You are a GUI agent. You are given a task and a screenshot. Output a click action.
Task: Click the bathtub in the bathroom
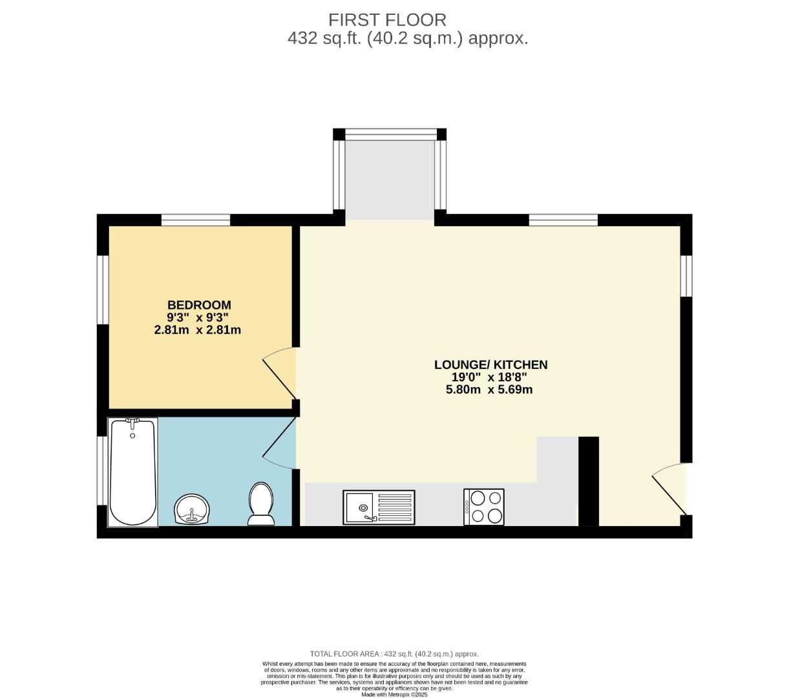pos(133,472)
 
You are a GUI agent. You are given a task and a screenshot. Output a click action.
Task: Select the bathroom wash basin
pos(192,509)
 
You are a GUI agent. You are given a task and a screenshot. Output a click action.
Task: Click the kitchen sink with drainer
pos(379,507)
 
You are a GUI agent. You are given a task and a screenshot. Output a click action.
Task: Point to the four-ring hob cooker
pos(484,507)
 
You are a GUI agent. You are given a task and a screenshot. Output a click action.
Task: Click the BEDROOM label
pos(199,305)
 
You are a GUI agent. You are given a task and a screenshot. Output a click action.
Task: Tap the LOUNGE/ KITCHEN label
pos(490,365)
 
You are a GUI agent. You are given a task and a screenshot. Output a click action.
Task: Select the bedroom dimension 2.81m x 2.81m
pos(198,330)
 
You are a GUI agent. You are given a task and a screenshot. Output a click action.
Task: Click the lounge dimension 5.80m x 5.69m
pos(489,390)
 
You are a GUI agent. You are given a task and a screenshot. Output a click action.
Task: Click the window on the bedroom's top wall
pos(196,220)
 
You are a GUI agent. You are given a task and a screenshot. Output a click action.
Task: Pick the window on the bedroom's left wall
pos(103,290)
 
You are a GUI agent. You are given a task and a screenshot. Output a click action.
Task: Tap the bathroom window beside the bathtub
pos(102,471)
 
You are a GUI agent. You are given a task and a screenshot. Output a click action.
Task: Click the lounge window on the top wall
pos(563,220)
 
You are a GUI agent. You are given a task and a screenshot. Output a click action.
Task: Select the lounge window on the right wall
pos(686,276)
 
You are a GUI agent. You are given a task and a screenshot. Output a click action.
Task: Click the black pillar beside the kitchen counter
pos(588,481)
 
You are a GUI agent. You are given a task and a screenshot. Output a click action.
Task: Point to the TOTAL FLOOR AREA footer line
pos(394,654)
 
